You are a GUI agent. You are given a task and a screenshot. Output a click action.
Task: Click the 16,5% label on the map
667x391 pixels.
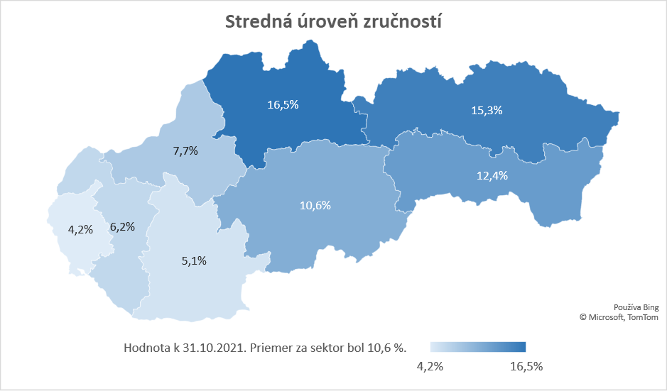pyautogui.click(x=283, y=104)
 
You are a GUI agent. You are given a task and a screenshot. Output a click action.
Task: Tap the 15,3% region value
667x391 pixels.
pyautogui.click(x=487, y=110)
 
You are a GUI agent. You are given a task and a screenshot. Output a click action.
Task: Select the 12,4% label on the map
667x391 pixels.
pyautogui.click(x=492, y=175)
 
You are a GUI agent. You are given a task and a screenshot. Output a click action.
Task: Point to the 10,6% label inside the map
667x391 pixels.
pyautogui.click(x=315, y=205)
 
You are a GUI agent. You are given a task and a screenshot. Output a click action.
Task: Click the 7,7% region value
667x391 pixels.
pyautogui.click(x=185, y=150)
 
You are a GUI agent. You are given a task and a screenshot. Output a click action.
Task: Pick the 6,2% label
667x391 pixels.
pyautogui.click(x=123, y=227)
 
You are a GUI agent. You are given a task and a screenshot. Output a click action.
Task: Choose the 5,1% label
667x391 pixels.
pyautogui.click(x=194, y=260)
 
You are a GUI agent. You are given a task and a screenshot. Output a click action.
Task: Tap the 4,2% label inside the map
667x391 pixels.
pyautogui.click(x=80, y=229)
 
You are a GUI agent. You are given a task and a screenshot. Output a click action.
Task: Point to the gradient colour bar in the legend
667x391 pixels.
pyautogui.click(x=478, y=346)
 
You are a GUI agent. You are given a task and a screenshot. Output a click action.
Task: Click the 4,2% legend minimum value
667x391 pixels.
pyautogui.click(x=430, y=366)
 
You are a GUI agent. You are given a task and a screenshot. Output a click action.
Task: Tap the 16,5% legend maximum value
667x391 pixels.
pyautogui.click(x=526, y=366)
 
